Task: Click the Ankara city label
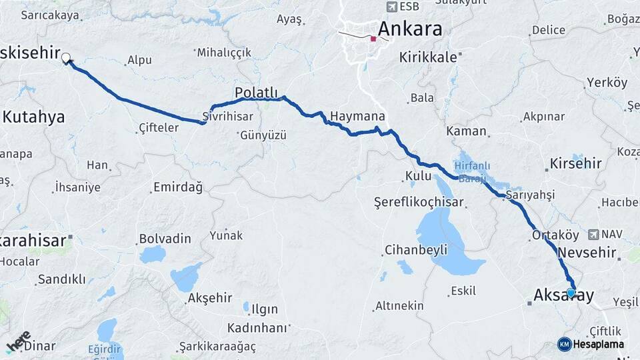[410, 29]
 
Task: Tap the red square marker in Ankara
[373, 39]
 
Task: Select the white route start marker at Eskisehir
[66, 58]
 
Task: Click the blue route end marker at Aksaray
[571, 292]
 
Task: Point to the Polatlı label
[256, 92]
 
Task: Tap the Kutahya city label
[34, 117]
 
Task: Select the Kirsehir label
[576, 163]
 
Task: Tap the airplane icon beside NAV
[593, 235]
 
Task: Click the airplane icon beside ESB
[391, 7]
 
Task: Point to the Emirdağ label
[178, 188]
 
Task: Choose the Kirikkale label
[429, 57]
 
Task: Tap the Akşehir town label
[210, 298]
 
